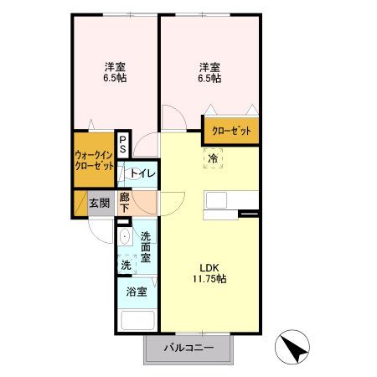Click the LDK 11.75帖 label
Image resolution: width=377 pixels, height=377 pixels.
209,271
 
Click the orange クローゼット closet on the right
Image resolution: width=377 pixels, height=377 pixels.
230,131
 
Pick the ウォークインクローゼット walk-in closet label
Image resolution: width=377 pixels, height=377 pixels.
94,160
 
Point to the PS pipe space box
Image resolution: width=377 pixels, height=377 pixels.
122,145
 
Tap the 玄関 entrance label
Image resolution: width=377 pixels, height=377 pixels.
100,203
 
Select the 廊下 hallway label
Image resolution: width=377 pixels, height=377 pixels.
124,203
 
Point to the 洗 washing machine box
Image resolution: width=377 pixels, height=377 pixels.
126,265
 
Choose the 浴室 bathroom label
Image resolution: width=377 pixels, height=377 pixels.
137,292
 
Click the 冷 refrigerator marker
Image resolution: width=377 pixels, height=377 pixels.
212,158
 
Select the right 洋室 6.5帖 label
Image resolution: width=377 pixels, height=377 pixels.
209,72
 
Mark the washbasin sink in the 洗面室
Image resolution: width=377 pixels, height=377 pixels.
125,237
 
